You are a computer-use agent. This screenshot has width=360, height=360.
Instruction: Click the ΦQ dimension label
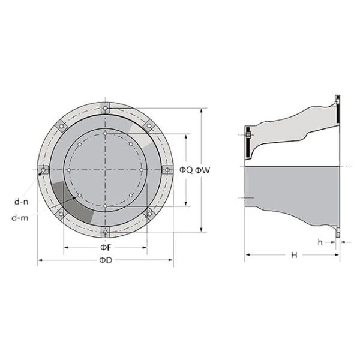coord(186,170)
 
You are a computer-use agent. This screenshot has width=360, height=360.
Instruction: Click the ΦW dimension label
coord(203,170)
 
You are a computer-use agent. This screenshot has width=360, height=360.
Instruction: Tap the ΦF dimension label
coord(106,247)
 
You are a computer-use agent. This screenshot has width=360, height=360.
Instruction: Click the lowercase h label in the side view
coord(320,242)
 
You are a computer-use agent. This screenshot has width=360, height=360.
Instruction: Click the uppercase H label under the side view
coord(294,255)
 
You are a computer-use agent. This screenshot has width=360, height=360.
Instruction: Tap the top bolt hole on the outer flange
coord(105,109)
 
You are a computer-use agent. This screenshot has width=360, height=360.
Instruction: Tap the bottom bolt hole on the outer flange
coord(105,232)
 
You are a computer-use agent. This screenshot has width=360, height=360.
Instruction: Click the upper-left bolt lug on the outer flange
coord(61,127)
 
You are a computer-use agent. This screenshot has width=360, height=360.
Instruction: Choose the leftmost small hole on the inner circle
coord(69,170)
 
